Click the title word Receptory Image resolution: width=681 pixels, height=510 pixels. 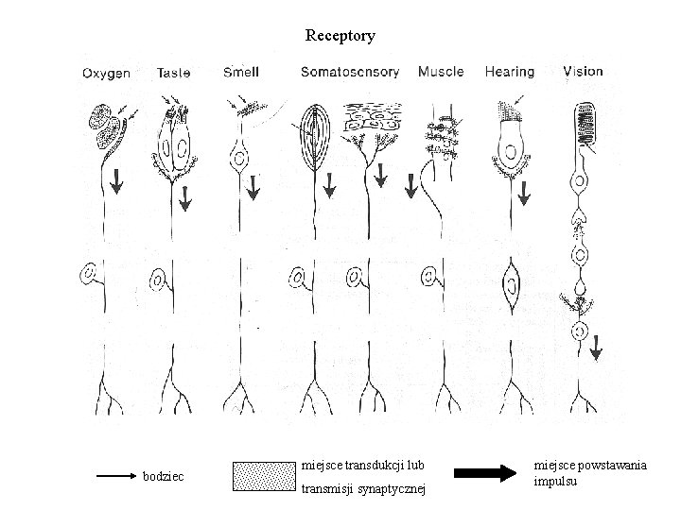pos(340,36)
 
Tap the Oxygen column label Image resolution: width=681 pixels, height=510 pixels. pos(106,73)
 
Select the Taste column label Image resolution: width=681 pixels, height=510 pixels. pos(174,72)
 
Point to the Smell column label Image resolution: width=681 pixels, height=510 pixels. pos(241,72)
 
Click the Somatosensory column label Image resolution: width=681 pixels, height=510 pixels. pos(350,72)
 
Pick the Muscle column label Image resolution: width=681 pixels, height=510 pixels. pos(441,72)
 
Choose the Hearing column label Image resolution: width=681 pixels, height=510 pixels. pos(509,72)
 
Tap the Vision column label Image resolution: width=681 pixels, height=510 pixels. pos(583,71)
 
